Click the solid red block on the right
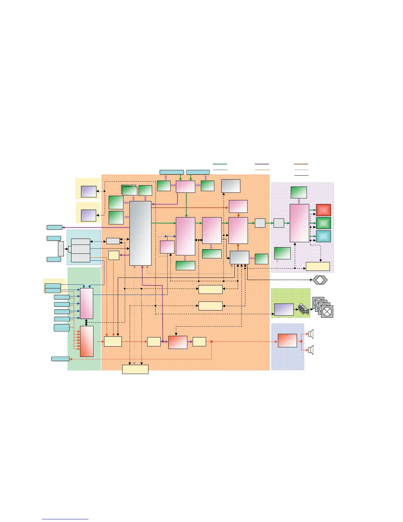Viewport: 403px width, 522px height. pos(323,210)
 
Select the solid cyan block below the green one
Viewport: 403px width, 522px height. pos(323,236)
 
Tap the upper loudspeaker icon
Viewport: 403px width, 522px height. pos(310,334)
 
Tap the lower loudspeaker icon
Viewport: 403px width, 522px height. pos(310,350)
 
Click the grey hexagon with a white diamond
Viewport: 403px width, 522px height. pos(320,280)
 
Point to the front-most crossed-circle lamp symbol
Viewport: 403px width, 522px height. pos(327,311)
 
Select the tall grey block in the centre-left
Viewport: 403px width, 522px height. pos(140,233)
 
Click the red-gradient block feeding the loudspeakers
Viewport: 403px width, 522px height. pos(287,340)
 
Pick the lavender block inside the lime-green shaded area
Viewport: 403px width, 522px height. pos(284,309)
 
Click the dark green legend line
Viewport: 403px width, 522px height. pos(220,164)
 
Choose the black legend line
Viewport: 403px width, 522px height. pos(301,175)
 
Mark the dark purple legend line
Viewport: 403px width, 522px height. pos(262,164)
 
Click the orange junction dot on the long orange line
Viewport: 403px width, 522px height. pos(211,342)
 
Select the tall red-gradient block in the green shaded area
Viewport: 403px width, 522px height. pos(87,341)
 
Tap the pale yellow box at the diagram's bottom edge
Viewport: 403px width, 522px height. pos(135,369)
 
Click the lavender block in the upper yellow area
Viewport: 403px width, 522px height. pos(89,191)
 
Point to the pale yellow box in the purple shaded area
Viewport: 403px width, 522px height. pos(318,266)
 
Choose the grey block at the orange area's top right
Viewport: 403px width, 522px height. pos(230,186)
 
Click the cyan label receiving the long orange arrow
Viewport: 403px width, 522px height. pos(60,359)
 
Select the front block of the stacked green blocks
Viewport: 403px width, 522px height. pos(130,191)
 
